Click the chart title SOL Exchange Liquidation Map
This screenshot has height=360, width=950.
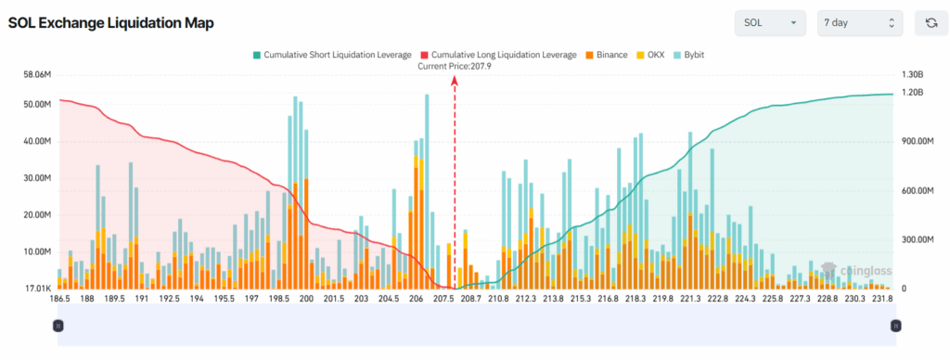(110, 23)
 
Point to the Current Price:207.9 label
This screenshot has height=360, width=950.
(455, 66)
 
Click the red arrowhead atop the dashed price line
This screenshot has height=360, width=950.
(455, 80)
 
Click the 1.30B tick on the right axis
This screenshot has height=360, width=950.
(915, 73)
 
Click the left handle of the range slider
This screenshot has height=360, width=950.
(58, 326)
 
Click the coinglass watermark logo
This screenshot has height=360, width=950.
(856, 270)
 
